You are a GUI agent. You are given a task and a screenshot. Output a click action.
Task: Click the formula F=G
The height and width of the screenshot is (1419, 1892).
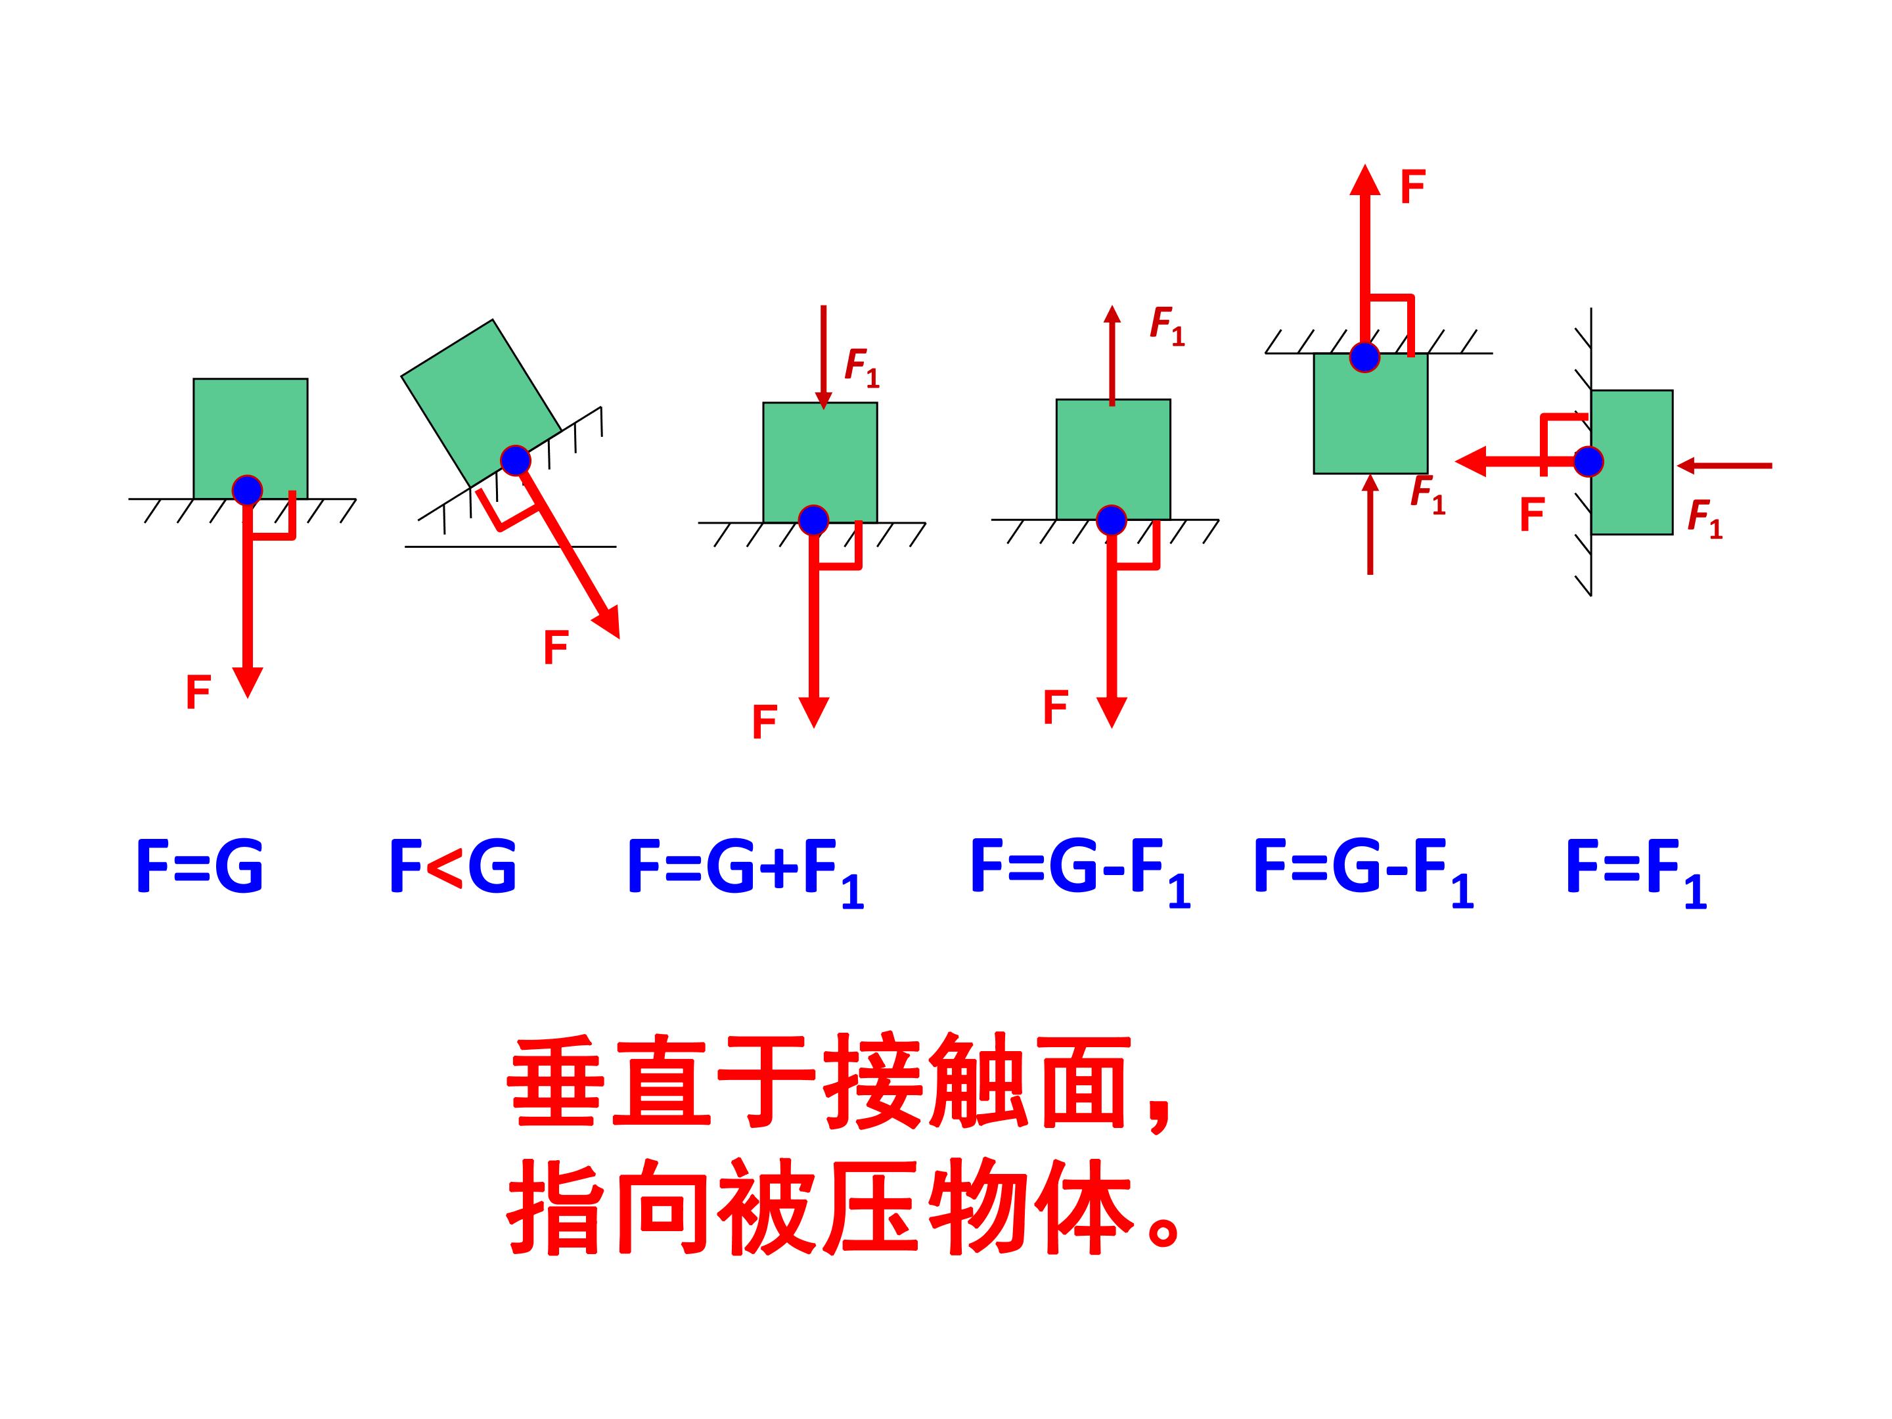[x=200, y=867]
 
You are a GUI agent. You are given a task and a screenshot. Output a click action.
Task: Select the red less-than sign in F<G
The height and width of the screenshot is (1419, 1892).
[x=445, y=867]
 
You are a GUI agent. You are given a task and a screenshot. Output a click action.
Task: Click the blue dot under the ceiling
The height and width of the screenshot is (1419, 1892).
[x=1364, y=357]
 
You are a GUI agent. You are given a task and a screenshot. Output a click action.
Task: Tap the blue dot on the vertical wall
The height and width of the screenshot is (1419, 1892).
[x=1588, y=462]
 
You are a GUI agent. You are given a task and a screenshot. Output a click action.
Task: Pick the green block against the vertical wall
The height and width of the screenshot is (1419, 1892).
[x=1632, y=462]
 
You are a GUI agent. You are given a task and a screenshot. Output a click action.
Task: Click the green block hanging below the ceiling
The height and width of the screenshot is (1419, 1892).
[x=1371, y=413]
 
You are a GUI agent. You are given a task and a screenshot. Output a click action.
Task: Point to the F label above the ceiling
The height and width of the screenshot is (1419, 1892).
[x=1412, y=187]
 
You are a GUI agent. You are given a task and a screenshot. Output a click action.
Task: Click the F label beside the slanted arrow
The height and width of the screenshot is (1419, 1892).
[x=556, y=648]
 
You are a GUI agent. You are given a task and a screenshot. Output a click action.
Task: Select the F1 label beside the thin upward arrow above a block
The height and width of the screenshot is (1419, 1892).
[x=1167, y=326]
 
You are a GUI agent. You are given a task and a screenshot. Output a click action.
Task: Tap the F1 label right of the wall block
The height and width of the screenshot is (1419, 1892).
[x=1705, y=519]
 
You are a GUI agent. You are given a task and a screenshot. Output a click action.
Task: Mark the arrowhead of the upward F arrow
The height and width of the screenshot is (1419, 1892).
[x=1365, y=181]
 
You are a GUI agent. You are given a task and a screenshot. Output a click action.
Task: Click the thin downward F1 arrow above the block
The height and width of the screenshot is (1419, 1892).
[x=824, y=357]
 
